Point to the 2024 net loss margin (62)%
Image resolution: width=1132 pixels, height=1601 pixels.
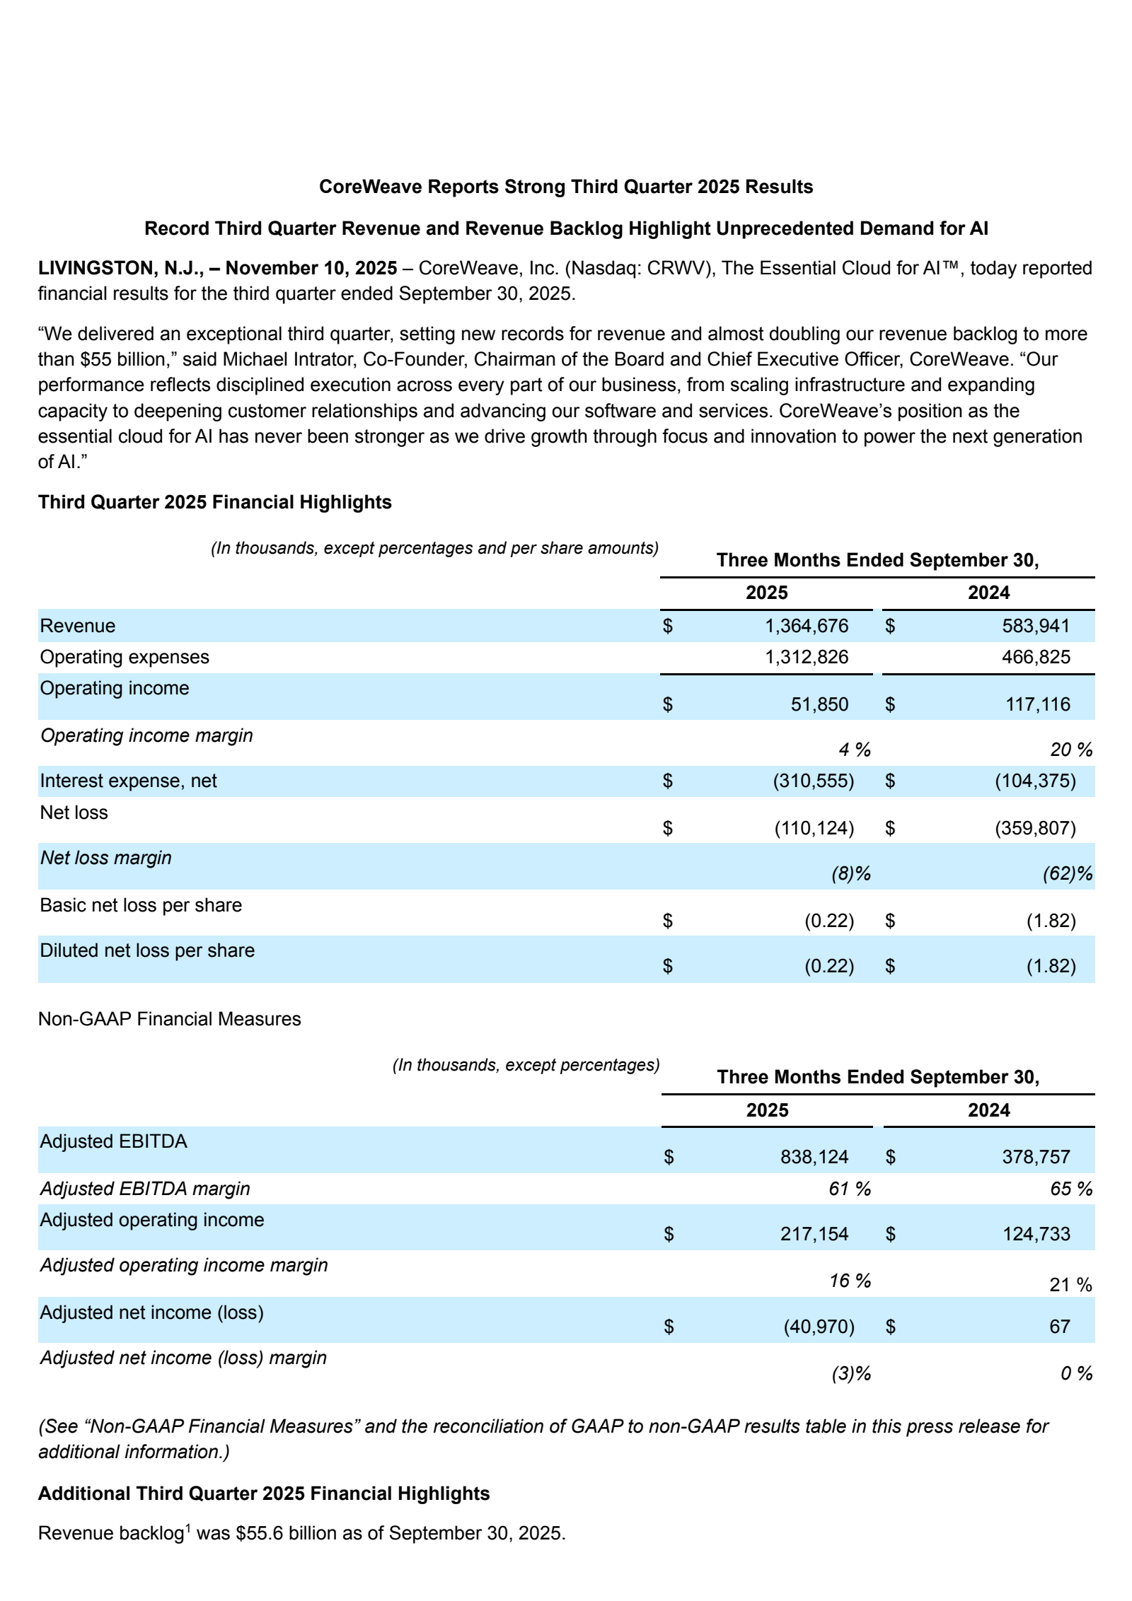pyautogui.click(x=1067, y=874)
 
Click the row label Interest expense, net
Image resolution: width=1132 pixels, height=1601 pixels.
pyautogui.click(x=128, y=781)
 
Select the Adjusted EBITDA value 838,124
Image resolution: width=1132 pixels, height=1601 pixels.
pyautogui.click(x=814, y=1157)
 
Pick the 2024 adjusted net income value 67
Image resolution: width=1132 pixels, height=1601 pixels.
pyautogui.click(x=1059, y=1327)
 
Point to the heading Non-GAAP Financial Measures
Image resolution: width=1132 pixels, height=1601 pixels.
pyautogui.click(x=169, y=1019)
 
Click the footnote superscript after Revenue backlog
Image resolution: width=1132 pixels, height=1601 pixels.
pyautogui.click(x=188, y=1527)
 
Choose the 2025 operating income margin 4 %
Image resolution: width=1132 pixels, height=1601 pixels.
pyautogui.click(x=854, y=750)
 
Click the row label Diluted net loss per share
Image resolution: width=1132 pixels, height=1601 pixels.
pyautogui.click(x=146, y=950)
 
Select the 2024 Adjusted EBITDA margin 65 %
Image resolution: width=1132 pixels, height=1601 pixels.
pyautogui.click(x=1070, y=1189)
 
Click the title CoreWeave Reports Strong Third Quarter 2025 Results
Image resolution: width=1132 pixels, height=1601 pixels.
pyautogui.click(x=565, y=187)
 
